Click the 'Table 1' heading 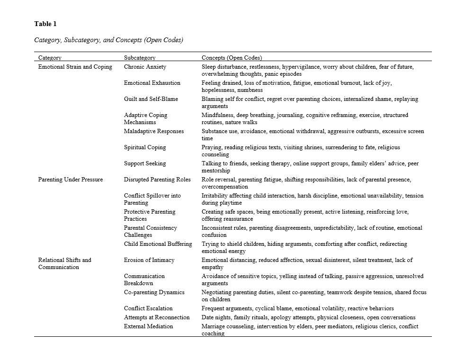point(45,24)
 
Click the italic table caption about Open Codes point(108,40)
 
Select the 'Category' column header point(50,58)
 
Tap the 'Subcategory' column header point(140,58)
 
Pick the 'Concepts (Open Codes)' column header point(232,58)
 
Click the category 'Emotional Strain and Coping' point(75,67)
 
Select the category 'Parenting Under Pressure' point(71,180)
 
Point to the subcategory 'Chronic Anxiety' point(145,67)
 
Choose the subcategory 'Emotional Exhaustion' point(152,83)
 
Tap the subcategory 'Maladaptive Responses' point(154,131)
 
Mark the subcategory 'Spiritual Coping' point(145,147)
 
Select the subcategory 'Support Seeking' point(145,163)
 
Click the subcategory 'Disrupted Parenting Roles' point(157,180)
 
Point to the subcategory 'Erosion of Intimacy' point(149,260)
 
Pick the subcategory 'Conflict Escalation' point(148,308)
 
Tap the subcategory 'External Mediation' point(148,326)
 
